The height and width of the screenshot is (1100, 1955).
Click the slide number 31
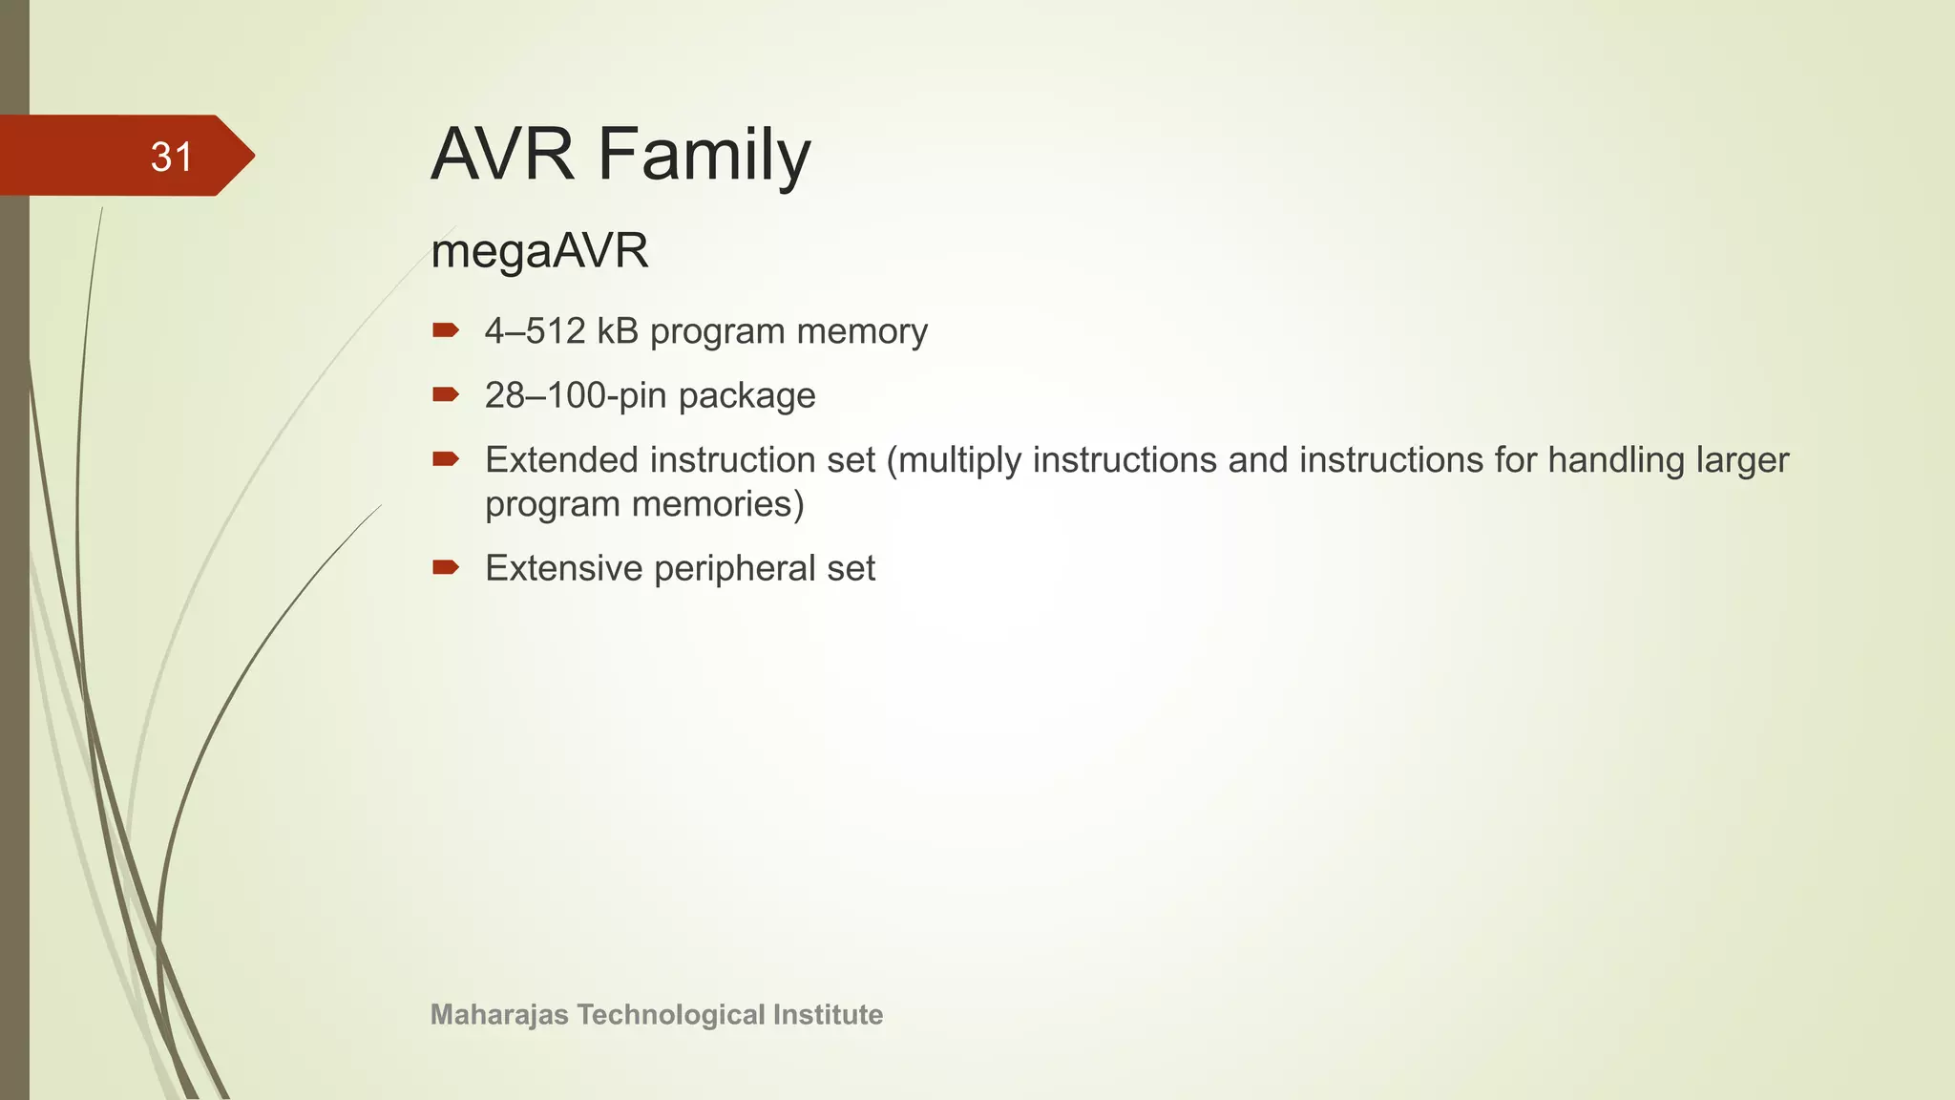(172, 157)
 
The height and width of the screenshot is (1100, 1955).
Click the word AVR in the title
(502, 155)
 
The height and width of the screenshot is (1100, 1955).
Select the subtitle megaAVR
(539, 251)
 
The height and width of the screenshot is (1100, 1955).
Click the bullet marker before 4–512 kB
(445, 331)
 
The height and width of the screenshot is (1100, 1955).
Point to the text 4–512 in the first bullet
(535, 331)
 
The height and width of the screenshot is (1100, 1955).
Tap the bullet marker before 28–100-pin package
(445, 394)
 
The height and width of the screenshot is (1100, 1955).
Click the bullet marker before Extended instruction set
(445, 459)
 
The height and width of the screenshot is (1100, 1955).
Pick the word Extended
(561, 460)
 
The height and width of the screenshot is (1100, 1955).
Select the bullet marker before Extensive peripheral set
(445, 568)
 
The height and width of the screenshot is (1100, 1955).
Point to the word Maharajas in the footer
(499, 1014)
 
